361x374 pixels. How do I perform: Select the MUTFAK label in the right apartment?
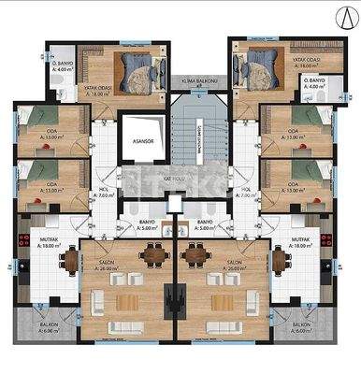click(x=300, y=240)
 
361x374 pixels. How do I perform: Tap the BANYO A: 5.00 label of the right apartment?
click(x=206, y=223)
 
